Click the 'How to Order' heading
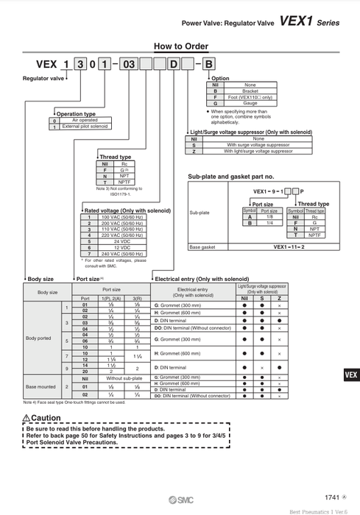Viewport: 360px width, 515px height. tap(179, 46)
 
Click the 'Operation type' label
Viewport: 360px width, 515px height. tap(77, 114)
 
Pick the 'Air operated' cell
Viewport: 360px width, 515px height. tap(85, 121)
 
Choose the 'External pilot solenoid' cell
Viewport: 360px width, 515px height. tap(85, 127)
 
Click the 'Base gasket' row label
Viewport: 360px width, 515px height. tap(202, 248)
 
